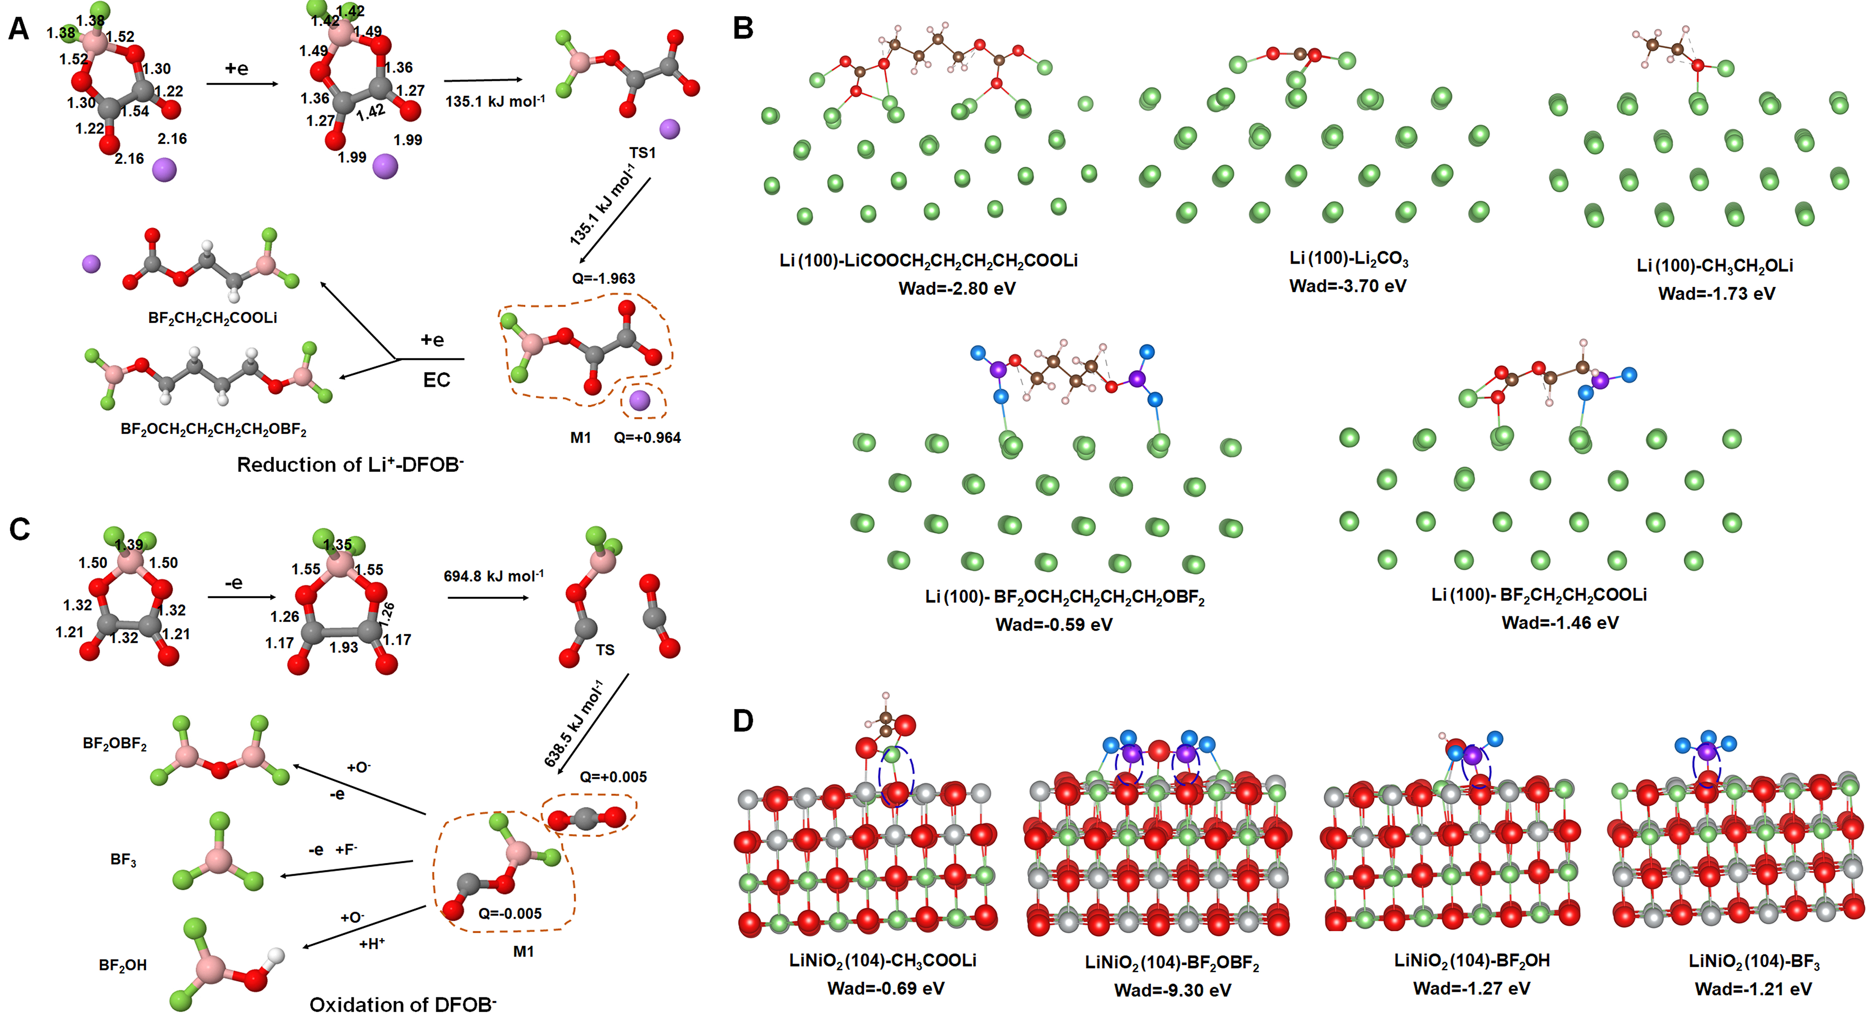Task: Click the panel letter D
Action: (x=743, y=721)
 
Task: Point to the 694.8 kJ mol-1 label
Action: (x=493, y=577)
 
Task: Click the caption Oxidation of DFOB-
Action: (x=403, y=1004)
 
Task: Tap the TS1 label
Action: (x=643, y=153)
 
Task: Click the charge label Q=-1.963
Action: (x=604, y=278)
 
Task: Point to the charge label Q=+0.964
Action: (x=647, y=438)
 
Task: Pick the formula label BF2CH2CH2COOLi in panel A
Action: (x=212, y=318)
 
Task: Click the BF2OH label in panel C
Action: (x=122, y=965)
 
